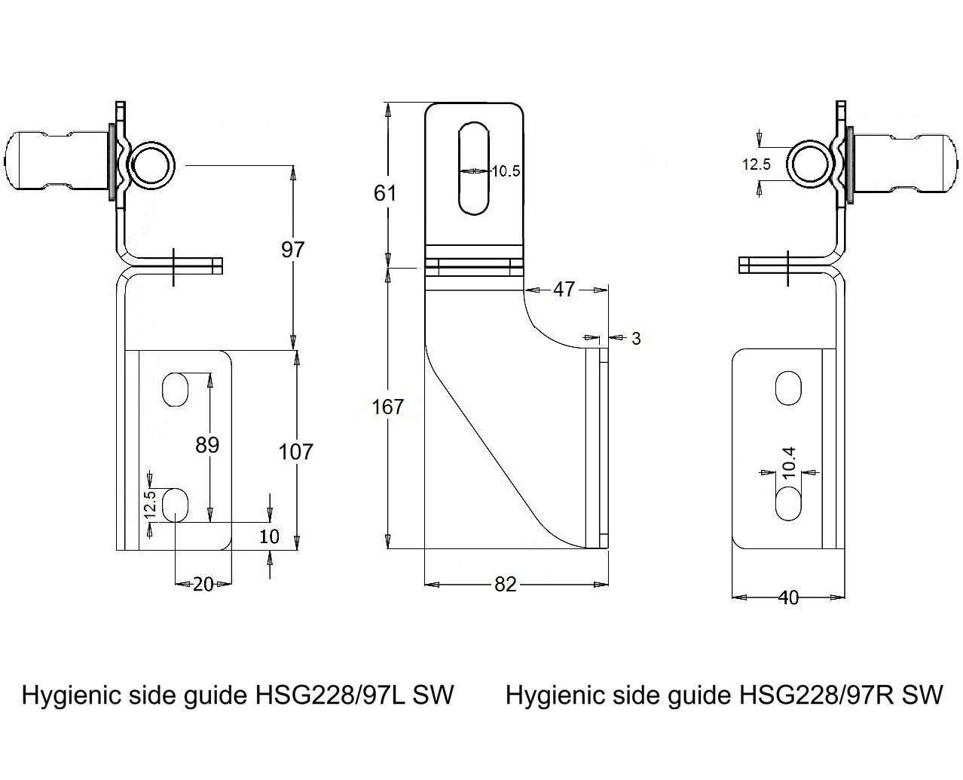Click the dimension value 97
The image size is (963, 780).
tap(292, 249)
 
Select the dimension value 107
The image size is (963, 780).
tap(295, 452)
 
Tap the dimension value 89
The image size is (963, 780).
tap(207, 445)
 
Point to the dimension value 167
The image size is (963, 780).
tap(388, 407)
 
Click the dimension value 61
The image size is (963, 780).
tap(385, 193)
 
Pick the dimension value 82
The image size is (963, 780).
tap(506, 584)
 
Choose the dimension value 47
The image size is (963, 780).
tap(564, 289)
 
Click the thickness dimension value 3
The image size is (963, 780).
tap(636, 339)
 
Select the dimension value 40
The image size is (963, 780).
tap(787, 597)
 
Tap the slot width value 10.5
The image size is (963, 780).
tap(506, 171)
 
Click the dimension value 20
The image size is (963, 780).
tap(203, 584)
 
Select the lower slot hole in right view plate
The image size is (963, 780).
tap(789, 504)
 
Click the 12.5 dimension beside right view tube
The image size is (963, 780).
tap(756, 164)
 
